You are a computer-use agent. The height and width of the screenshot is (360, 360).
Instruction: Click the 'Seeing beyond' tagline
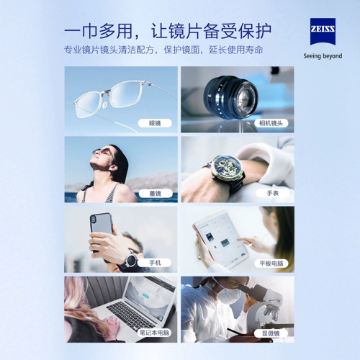click(322, 55)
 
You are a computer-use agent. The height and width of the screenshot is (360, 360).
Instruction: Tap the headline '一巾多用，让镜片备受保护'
click(167, 31)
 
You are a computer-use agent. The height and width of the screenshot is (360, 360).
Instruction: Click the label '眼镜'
click(155, 123)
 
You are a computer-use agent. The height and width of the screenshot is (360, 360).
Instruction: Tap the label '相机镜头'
click(272, 123)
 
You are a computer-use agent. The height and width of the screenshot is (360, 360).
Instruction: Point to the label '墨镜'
click(155, 193)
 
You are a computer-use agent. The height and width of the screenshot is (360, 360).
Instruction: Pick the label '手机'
click(155, 263)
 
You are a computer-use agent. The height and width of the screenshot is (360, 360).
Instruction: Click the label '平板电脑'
click(272, 263)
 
